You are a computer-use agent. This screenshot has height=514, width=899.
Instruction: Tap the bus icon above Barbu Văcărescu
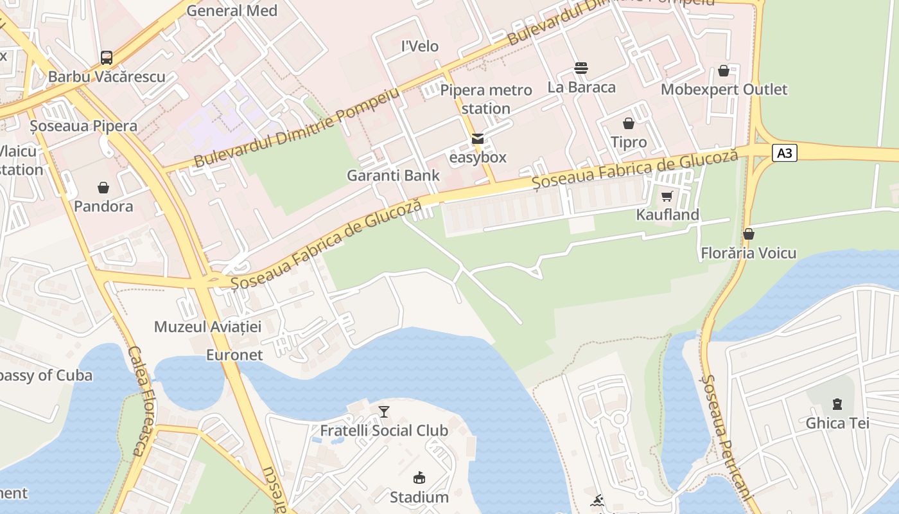(107, 58)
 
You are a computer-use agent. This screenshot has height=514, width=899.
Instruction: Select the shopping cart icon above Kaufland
(667, 196)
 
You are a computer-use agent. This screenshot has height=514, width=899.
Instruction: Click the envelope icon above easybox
(478, 139)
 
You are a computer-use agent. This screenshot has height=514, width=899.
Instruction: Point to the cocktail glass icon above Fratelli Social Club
(384, 411)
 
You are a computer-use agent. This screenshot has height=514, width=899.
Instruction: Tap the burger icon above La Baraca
(581, 68)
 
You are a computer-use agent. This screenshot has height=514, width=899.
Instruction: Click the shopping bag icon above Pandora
(103, 188)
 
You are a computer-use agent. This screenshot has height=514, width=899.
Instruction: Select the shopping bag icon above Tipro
(629, 123)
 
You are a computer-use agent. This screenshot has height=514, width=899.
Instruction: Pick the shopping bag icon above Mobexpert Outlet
(724, 71)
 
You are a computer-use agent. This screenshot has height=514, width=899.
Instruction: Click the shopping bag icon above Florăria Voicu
(748, 234)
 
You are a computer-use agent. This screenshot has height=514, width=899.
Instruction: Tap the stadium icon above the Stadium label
(419, 478)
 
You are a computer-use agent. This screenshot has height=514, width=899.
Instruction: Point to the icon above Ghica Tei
(837, 404)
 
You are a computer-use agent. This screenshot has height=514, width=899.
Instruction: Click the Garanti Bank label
(393, 175)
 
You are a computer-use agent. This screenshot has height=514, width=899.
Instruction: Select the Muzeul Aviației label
(207, 326)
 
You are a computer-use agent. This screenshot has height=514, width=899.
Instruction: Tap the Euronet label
(234, 355)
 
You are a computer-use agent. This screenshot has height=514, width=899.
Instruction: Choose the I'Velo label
(420, 46)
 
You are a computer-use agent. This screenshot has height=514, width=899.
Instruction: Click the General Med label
(232, 11)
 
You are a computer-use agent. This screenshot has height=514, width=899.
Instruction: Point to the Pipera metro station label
(486, 99)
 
